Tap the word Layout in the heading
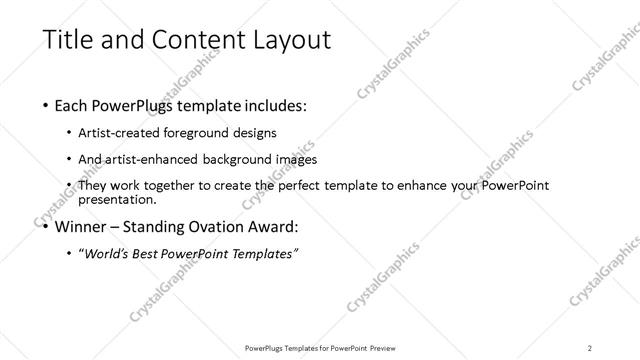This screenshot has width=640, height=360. click(x=285, y=40)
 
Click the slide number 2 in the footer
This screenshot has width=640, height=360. click(x=590, y=347)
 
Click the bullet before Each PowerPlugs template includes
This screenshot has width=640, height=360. click(x=47, y=104)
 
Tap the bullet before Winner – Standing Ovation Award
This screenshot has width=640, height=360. click(x=47, y=225)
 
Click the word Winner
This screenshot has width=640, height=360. click(x=86, y=225)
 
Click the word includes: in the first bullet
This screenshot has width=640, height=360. click(x=272, y=104)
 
